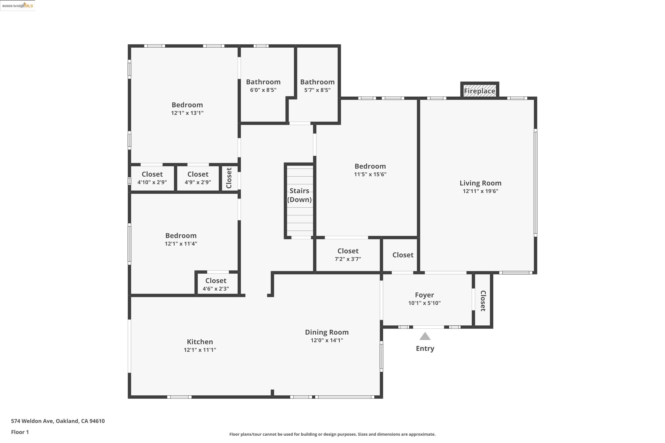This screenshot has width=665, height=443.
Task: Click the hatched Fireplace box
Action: pyautogui.click(x=479, y=91)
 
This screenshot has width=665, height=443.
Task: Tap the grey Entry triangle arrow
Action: pyautogui.click(x=425, y=336)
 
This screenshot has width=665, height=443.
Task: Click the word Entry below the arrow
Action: pyautogui.click(x=425, y=348)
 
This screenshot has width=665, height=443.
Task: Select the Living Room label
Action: pyautogui.click(x=480, y=183)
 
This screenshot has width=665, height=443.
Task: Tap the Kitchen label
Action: pyautogui.click(x=200, y=342)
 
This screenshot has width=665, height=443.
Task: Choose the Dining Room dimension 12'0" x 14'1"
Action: pyautogui.click(x=327, y=340)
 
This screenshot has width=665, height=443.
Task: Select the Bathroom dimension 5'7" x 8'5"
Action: pyautogui.click(x=317, y=90)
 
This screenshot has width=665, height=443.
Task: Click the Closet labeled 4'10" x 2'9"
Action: pyautogui.click(x=152, y=174)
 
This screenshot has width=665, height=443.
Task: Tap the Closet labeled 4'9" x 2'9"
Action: pyautogui.click(x=198, y=174)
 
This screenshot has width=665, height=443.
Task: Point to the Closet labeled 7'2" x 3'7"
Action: pyautogui.click(x=348, y=251)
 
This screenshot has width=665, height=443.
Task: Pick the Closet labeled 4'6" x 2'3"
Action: pyautogui.click(x=216, y=281)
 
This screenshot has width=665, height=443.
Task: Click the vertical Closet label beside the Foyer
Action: pyautogui.click(x=483, y=301)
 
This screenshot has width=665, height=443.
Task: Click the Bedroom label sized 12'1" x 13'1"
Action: pyautogui.click(x=187, y=105)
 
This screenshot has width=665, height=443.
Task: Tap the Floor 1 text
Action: pyautogui.click(x=20, y=432)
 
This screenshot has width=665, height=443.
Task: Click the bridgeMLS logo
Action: pyautogui.click(x=18, y=6)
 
